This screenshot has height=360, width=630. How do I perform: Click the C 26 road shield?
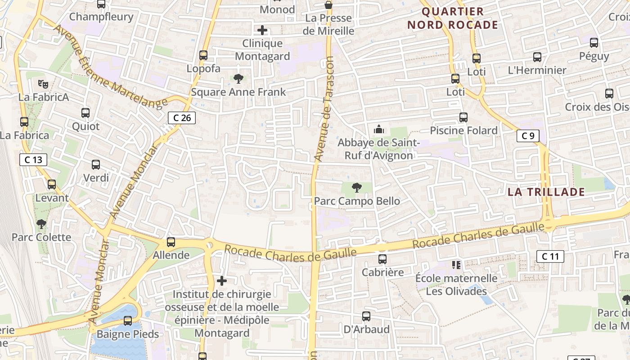[x=182, y=118]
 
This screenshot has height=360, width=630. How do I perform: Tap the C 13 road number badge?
[x=33, y=159]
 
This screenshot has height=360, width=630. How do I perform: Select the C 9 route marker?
[x=528, y=135]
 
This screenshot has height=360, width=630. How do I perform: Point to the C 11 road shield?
[x=550, y=256]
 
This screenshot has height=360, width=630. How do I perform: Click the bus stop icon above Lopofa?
[x=203, y=55]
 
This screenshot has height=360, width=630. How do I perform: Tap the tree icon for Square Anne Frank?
[x=238, y=79]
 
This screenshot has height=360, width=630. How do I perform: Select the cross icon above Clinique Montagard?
[x=262, y=31]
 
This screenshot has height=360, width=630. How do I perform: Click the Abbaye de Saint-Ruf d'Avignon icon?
[x=379, y=130]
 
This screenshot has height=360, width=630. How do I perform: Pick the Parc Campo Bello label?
[x=357, y=201]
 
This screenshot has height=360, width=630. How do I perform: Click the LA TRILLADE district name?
[x=546, y=192]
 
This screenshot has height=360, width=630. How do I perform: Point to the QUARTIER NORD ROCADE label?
[x=453, y=18]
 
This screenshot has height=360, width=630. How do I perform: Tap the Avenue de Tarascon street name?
[x=324, y=109]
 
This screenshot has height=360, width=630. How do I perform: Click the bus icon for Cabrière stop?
[x=382, y=259]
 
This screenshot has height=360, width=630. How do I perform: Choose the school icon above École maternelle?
[x=456, y=265]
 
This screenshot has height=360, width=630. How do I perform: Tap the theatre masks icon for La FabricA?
[x=43, y=84]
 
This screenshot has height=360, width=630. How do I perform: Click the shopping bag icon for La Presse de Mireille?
[x=329, y=5]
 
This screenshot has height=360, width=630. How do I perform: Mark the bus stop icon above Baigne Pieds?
[x=128, y=321]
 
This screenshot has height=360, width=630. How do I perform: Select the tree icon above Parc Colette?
[x=41, y=224]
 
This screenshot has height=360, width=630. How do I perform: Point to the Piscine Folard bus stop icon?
[x=463, y=117]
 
